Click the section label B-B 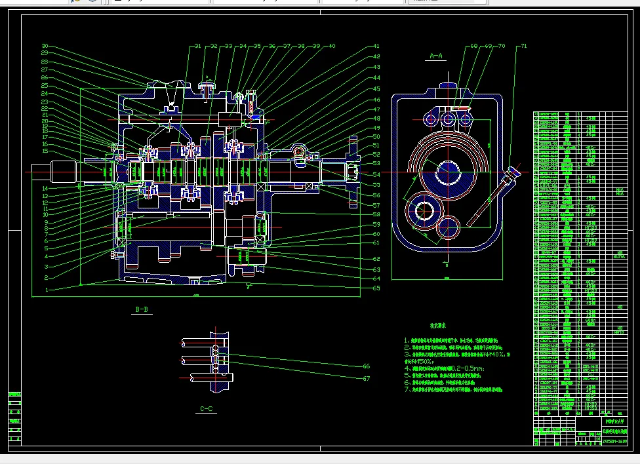click(142, 309)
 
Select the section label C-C click(207, 409)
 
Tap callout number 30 click(45, 47)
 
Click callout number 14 click(45, 189)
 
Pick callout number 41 click(376, 47)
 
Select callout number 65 click(376, 288)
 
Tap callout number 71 click(523, 47)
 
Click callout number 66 click(366, 366)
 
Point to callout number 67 click(366, 378)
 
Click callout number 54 click(376, 175)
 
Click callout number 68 click(473, 47)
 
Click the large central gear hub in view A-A click(449, 169)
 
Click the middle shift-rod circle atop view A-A click(449, 119)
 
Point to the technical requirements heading click(439, 326)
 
